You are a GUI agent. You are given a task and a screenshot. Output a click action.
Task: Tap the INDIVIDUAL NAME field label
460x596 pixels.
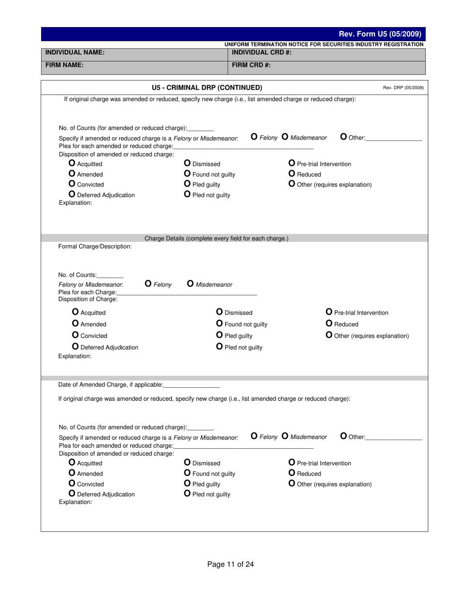click(75, 52)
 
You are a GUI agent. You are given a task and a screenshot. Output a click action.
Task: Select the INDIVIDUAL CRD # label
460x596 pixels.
click(261, 52)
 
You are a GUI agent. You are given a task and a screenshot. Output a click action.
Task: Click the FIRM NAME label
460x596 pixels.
click(64, 65)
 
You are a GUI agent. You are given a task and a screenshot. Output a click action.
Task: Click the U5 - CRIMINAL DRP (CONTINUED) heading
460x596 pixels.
click(207, 88)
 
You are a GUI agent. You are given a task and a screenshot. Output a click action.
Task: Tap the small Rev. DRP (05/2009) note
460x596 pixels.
click(403, 88)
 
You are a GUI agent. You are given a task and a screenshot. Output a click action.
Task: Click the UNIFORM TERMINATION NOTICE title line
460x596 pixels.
click(323, 45)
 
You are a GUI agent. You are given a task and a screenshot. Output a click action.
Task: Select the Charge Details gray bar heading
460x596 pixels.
click(216, 238)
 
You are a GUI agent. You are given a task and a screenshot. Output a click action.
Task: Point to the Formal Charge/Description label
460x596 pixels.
click(95, 247)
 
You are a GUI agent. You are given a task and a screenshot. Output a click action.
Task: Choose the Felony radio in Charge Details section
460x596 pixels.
click(148, 284)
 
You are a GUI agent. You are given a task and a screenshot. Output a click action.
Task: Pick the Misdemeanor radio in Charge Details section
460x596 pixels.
click(190, 284)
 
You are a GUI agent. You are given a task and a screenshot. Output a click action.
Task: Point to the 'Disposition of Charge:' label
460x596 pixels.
click(88, 299)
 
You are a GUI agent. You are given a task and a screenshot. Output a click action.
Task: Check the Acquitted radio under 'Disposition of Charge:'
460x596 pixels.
click(75, 312)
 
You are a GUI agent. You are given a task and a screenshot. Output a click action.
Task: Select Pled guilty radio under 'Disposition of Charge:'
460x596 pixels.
click(219, 335)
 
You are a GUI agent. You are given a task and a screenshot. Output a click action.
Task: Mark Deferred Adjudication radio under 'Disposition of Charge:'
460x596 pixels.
click(75, 347)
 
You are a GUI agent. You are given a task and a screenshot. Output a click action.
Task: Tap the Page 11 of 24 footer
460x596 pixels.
click(230, 564)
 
